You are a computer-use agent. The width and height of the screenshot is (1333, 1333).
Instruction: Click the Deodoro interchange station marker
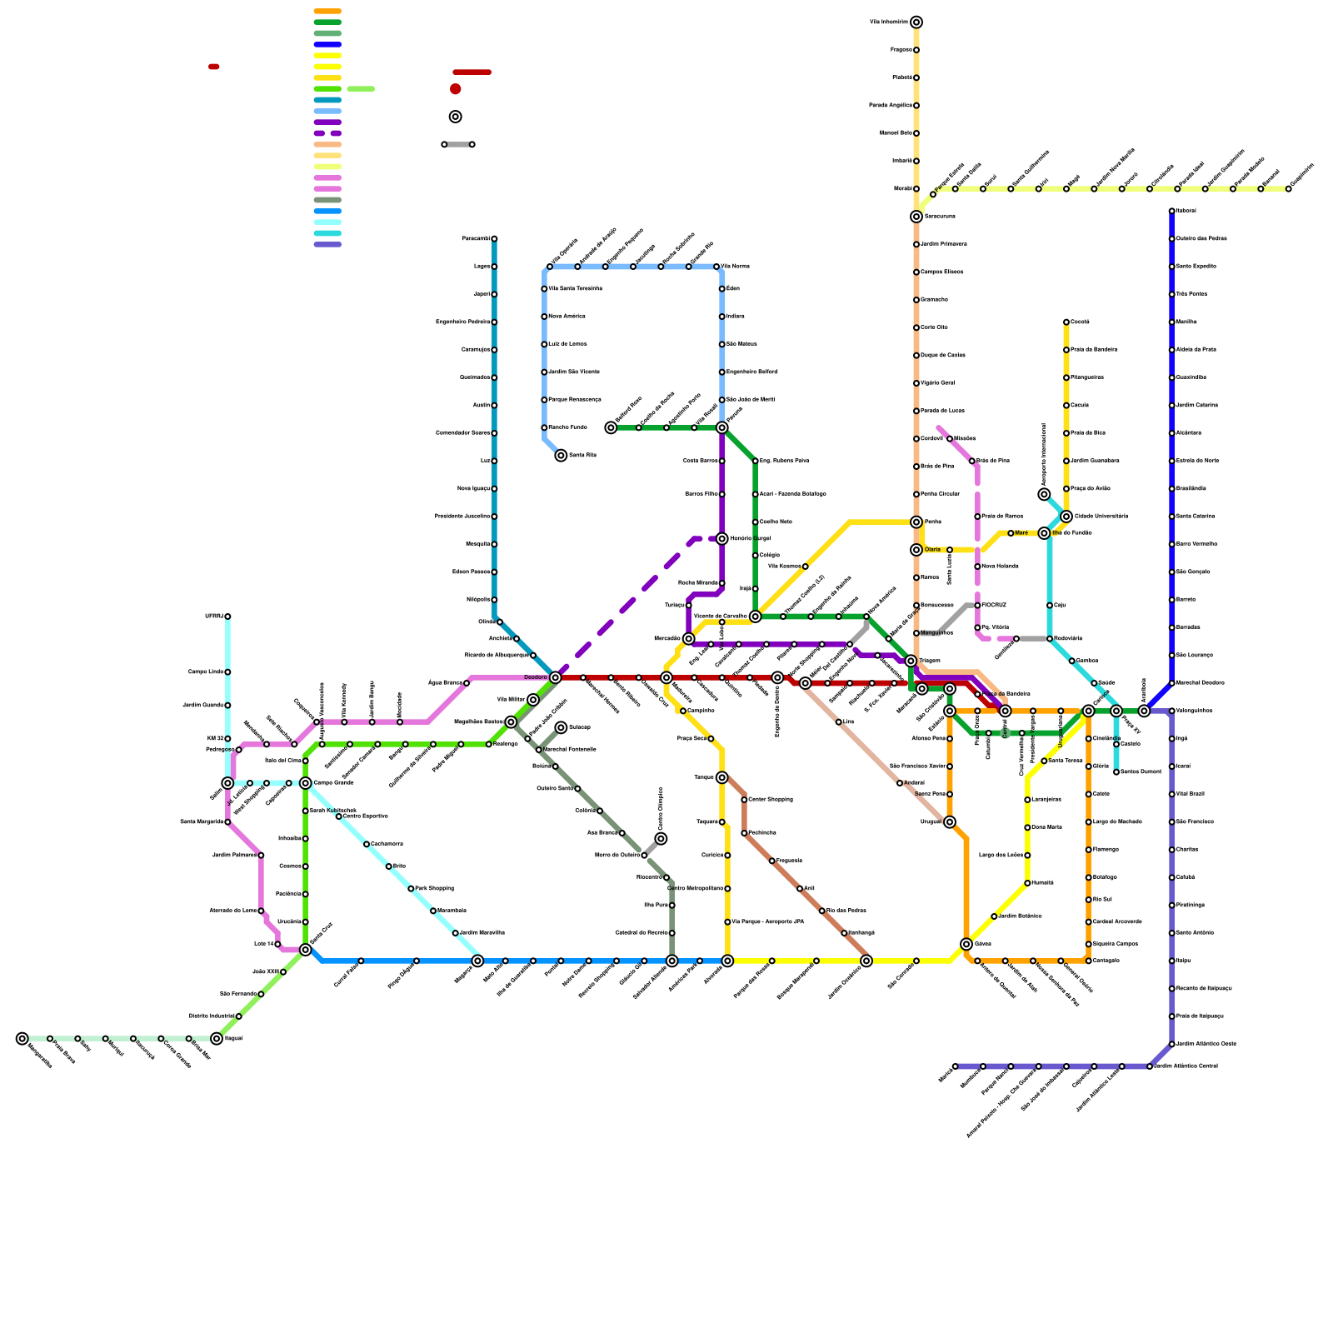pyautogui.click(x=555, y=677)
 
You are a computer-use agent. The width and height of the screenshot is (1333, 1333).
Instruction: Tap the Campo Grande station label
pyautogui.click(x=334, y=783)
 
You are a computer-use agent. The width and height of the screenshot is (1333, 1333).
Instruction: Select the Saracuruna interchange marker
pyautogui.click(x=916, y=217)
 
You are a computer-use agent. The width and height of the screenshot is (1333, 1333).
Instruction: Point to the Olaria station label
pyautogui.click(x=932, y=550)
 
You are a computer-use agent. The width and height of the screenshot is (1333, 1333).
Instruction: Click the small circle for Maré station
pyautogui.click(x=1011, y=533)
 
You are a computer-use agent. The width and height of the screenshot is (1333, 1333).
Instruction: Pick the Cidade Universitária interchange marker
pyautogui.click(x=1066, y=517)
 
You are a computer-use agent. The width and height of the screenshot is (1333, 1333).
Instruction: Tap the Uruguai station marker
pyautogui.click(x=950, y=822)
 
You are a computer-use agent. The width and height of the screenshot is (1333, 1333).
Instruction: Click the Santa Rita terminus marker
pyautogui.click(x=561, y=456)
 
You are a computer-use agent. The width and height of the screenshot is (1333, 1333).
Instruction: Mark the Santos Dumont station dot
pyautogui.click(x=1116, y=772)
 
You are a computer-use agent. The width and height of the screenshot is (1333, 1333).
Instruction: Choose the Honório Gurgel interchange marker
pyautogui.click(x=722, y=539)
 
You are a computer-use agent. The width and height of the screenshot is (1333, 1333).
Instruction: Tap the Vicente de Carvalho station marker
pyautogui.click(x=756, y=617)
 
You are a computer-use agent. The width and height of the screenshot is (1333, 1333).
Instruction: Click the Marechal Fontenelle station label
pyautogui.click(x=570, y=750)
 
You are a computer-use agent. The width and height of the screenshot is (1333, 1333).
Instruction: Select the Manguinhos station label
pyautogui.click(x=936, y=633)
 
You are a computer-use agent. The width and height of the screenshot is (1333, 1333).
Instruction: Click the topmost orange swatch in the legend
pyautogui.click(x=327, y=12)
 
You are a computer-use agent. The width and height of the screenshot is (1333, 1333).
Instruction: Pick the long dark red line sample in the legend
pyautogui.click(x=472, y=72)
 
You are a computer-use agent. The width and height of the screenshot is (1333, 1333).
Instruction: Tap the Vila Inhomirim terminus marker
pyautogui.click(x=916, y=22)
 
